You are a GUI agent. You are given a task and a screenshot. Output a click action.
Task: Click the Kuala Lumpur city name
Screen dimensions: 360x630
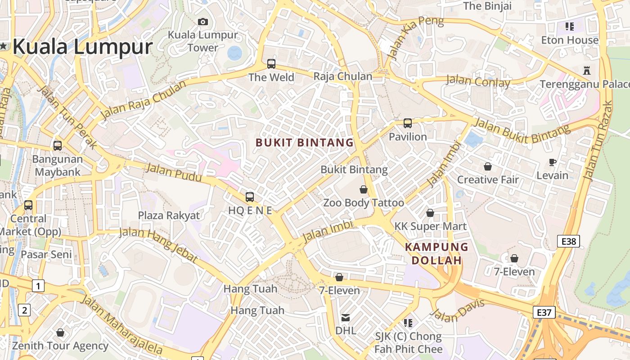coord(83,47)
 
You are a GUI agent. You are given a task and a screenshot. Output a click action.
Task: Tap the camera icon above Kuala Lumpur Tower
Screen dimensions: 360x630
coord(203,22)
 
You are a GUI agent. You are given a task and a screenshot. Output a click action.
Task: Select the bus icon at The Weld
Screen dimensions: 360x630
coord(271,63)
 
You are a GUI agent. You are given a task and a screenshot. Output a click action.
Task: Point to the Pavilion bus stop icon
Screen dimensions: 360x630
coord(408,123)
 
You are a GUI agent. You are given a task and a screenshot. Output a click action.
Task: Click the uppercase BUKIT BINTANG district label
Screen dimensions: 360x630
coord(305,143)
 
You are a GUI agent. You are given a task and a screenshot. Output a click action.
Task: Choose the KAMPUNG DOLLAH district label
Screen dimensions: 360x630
coord(436,253)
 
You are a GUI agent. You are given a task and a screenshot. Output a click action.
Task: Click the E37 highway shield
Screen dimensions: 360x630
coord(544,312)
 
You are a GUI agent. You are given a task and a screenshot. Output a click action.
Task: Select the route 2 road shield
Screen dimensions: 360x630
coord(24,310)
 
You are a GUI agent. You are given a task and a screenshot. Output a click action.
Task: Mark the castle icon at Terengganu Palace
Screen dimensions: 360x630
coord(586,71)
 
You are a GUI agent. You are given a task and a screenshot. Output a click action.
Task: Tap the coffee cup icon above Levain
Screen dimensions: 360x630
coord(553,162)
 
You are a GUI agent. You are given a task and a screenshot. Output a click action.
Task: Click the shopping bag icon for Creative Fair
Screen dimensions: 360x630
coord(488,166)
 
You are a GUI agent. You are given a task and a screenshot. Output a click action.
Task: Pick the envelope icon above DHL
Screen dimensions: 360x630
coord(345,318)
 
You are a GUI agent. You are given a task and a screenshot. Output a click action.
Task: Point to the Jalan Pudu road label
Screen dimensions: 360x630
coord(174,173)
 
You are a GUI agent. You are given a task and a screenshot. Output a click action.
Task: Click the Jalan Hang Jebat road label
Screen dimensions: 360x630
coord(158,245)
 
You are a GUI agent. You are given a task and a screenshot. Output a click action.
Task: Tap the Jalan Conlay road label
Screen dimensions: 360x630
coord(478,82)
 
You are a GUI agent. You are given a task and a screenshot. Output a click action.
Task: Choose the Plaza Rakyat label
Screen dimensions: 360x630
coord(169,215)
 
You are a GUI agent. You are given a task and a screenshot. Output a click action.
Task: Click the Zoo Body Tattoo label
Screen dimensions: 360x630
coord(364,202)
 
